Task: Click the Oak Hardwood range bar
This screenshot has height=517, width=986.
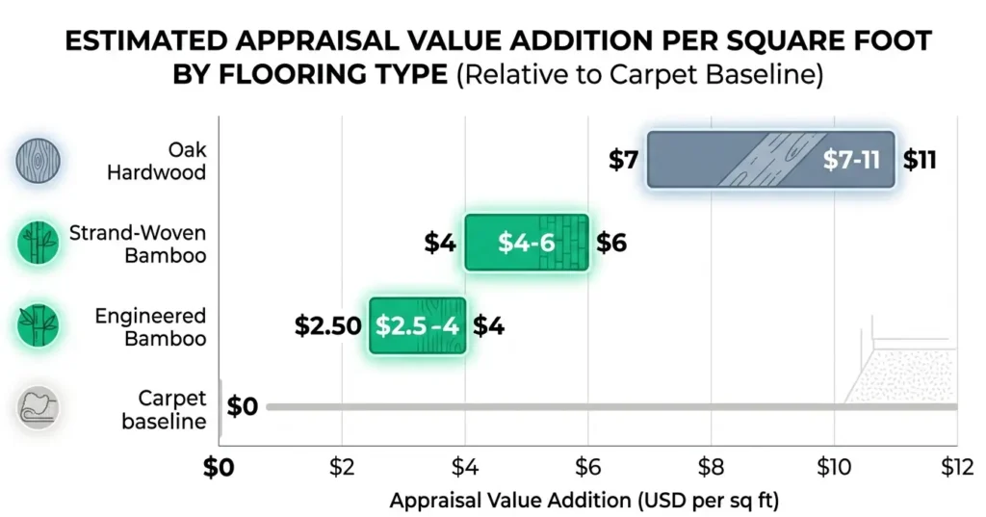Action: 770,159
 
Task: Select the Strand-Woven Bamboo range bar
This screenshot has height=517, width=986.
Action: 526,243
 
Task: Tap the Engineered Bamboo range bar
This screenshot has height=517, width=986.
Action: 418,325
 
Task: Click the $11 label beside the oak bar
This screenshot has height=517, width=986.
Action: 920,160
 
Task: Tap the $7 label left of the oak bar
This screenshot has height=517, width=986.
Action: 623,160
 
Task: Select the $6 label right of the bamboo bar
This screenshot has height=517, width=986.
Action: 611,243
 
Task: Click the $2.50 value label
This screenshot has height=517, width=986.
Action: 326,325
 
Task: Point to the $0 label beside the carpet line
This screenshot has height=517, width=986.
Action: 244,407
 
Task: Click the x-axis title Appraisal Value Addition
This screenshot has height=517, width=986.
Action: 584,501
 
